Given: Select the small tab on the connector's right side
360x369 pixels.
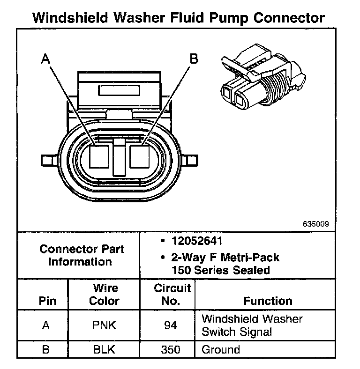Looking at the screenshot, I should pos(191,160).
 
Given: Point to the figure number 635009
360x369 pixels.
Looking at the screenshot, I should pos(315,224).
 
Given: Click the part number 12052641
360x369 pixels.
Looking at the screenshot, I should pos(197,242).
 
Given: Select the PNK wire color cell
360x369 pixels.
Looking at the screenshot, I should pos(104,325).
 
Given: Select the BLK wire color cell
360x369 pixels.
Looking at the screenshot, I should pos(104,349).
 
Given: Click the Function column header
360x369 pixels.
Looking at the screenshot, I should pos(268,301).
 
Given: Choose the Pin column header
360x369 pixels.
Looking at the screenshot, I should pos(46,301).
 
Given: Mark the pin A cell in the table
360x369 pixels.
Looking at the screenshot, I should pos(46,325).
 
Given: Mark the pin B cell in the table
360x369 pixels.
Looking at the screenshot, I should pos(46,349).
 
